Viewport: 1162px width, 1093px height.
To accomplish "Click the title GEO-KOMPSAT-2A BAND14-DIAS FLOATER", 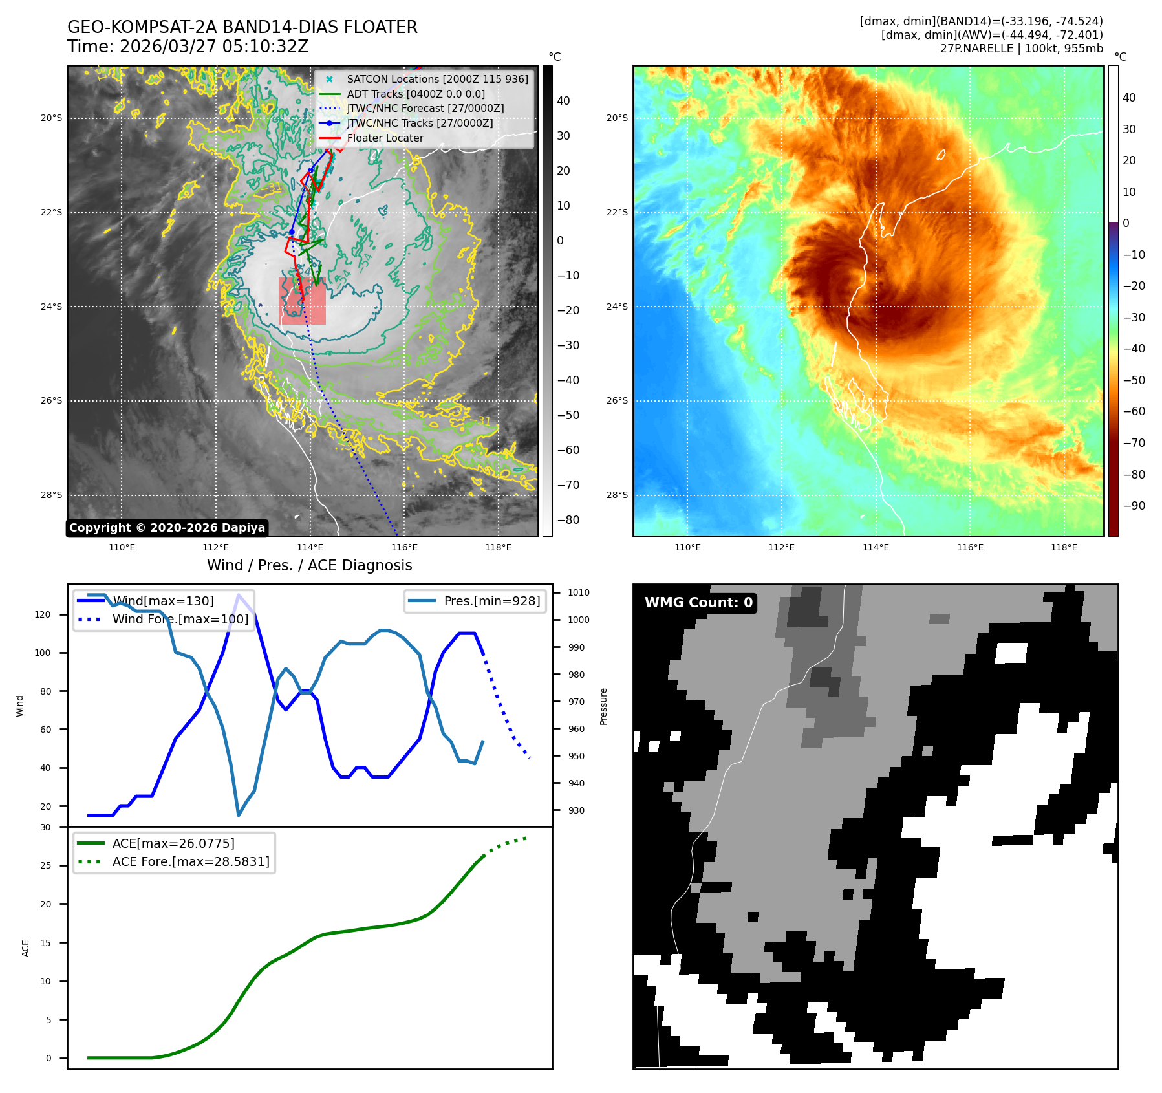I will click(242, 27).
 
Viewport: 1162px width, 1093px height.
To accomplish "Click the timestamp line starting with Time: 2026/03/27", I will click(188, 47).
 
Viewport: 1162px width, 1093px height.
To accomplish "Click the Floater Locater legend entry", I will click(385, 138).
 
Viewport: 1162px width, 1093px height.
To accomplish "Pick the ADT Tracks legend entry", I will click(416, 94).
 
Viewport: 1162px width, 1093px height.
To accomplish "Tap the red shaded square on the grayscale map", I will click(302, 301).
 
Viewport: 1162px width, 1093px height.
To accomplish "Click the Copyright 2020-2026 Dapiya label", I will click(167, 528).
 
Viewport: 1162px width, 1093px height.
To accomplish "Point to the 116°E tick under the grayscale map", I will click(404, 547).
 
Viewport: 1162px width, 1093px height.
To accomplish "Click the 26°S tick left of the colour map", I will click(617, 400).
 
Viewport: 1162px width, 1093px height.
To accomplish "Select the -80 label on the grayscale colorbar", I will click(568, 520).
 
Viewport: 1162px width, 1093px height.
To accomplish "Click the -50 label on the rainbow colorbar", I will click(1134, 380).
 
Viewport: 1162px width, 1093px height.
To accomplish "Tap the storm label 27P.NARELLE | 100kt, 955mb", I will click(1021, 49).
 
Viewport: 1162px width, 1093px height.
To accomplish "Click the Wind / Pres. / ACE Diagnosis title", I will click(309, 565).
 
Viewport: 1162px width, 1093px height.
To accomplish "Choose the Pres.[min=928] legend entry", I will click(491, 601).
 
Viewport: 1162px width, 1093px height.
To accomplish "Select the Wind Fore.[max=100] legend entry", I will click(180, 619).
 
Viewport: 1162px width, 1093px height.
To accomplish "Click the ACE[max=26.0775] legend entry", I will click(173, 843).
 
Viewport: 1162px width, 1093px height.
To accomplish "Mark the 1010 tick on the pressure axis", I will click(578, 592).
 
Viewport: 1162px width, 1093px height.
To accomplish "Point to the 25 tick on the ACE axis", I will click(46, 865).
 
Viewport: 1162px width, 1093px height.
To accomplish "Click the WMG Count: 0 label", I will click(698, 603).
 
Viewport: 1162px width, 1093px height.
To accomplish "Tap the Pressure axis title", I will click(603, 706).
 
